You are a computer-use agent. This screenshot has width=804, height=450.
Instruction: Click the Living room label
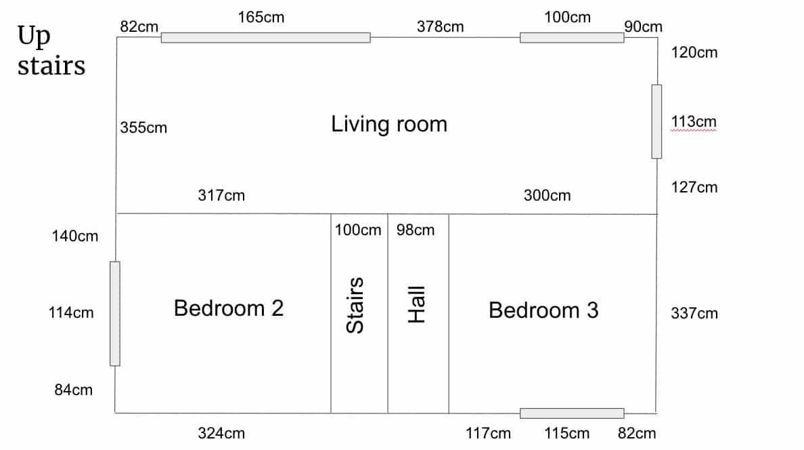tap(388, 124)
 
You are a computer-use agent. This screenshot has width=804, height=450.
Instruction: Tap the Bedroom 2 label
tap(229, 308)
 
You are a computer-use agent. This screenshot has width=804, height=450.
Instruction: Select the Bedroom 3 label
tap(543, 310)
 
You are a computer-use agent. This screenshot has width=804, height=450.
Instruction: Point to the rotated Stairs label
tap(355, 306)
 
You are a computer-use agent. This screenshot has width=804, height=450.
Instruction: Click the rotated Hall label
tap(416, 304)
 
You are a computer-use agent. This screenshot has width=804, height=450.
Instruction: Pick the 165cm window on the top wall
tap(265, 37)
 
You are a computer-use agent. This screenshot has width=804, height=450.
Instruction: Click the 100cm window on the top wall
tap(572, 37)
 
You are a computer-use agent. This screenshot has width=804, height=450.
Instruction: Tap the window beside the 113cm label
tap(657, 122)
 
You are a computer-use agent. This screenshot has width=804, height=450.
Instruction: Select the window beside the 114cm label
tap(115, 314)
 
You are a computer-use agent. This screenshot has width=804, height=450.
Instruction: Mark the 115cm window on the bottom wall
tap(572, 413)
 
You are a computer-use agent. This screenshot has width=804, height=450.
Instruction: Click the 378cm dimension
tap(440, 26)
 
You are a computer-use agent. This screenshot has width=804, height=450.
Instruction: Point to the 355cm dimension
tap(143, 127)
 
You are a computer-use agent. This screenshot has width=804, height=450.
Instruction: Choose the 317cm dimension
tap(221, 195)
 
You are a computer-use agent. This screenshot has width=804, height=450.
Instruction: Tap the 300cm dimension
tap(547, 195)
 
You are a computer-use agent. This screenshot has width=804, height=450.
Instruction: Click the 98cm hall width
tap(416, 230)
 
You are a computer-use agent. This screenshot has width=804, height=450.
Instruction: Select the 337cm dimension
tap(694, 313)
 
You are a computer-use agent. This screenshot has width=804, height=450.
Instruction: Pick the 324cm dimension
tap(221, 433)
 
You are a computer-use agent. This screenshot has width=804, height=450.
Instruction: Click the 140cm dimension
tap(75, 237)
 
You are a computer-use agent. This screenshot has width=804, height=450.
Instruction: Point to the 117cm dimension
tap(488, 433)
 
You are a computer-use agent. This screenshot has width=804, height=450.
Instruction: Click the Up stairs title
tap(51, 51)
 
